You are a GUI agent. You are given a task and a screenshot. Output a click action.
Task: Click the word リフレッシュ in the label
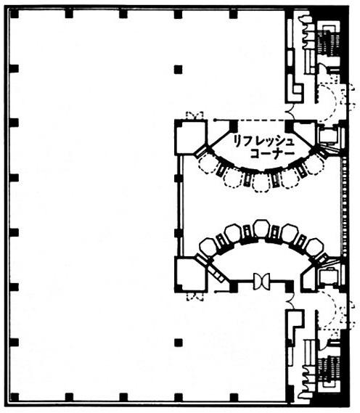tap(263, 142)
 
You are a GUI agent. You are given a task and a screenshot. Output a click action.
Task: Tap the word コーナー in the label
tap(272, 154)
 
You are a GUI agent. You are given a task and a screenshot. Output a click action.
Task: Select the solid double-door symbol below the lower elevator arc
tap(261, 282)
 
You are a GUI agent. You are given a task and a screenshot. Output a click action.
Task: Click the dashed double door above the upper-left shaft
tap(195, 115)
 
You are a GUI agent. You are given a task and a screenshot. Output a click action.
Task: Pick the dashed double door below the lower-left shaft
tap(195, 297)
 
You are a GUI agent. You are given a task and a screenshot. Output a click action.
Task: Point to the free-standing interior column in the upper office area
tap(179, 69)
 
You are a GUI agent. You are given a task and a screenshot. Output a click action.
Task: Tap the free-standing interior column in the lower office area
tap(179, 343)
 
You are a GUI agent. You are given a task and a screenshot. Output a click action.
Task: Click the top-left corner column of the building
tap(15, 14)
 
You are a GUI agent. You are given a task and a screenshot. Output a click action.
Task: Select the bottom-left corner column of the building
tap(15, 397)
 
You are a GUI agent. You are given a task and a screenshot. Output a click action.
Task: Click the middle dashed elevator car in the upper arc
tap(261, 182)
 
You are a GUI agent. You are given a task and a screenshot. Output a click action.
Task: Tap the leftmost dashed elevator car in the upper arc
tap(207, 163)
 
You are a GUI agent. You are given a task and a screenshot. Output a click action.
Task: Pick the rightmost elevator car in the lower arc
tap(315, 247)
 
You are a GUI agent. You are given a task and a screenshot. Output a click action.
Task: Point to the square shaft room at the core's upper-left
tap(190, 137)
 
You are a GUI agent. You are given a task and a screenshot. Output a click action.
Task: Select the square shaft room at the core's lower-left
tap(190, 274)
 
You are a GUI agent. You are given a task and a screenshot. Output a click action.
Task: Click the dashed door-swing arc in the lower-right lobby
tap(332, 310)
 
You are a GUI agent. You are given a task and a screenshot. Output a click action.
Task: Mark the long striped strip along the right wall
tap(344, 206)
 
